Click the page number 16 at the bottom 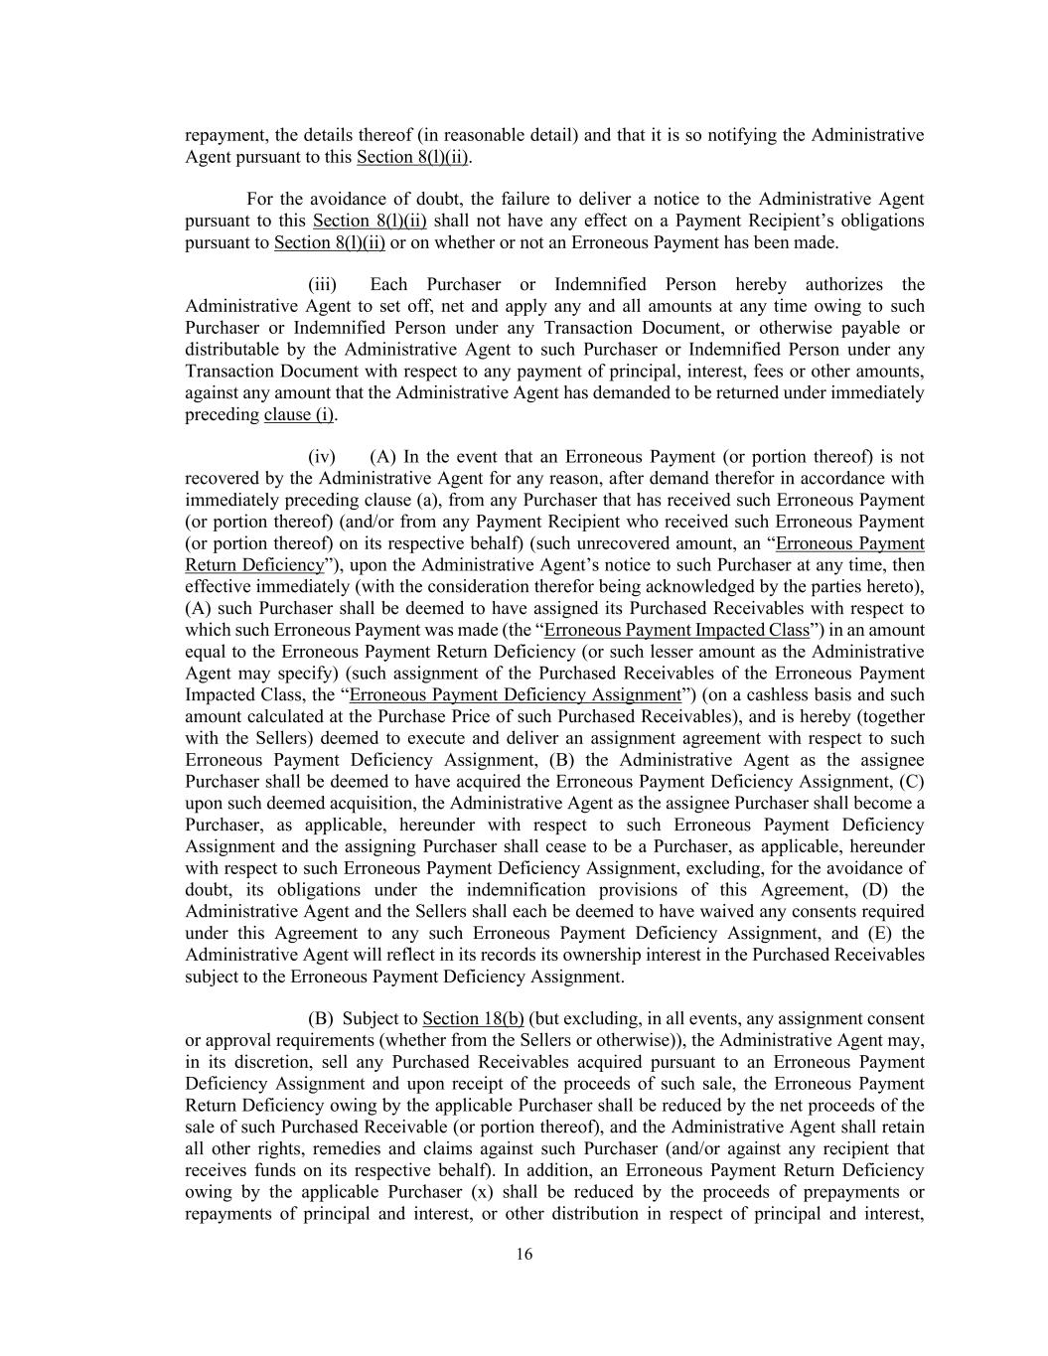[x=524, y=1254]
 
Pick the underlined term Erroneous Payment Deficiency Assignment [x=515, y=695]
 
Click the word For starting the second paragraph [x=260, y=199]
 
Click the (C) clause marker [x=912, y=782]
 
